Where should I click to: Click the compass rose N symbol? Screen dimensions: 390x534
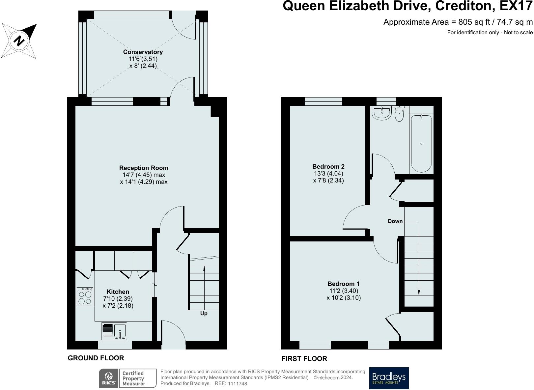point(19,41)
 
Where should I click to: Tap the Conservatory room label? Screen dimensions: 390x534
point(143,52)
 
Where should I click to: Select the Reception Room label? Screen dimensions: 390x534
point(144,168)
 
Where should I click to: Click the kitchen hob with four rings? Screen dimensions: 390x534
point(85,297)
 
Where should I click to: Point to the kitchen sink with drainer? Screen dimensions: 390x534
point(114,331)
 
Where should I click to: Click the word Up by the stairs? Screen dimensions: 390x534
point(204,314)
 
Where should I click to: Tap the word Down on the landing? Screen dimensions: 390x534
point(395,221)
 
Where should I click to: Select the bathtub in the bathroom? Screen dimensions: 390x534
point(421,143)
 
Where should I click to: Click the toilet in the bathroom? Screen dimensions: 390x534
point(399,114)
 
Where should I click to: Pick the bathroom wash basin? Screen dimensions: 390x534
point(381,113)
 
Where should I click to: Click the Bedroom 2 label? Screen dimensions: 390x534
point(328,167)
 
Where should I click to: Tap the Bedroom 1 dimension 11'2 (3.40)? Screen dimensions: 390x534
point(344,291)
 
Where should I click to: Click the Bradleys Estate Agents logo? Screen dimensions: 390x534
point(389,378)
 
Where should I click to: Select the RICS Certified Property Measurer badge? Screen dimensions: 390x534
point(127,378)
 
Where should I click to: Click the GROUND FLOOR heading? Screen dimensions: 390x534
point(96,358)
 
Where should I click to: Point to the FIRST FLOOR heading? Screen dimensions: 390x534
point(304,359)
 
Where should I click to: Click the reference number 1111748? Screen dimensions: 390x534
point(237,384)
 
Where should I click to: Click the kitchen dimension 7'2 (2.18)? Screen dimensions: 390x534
point(118,306)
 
